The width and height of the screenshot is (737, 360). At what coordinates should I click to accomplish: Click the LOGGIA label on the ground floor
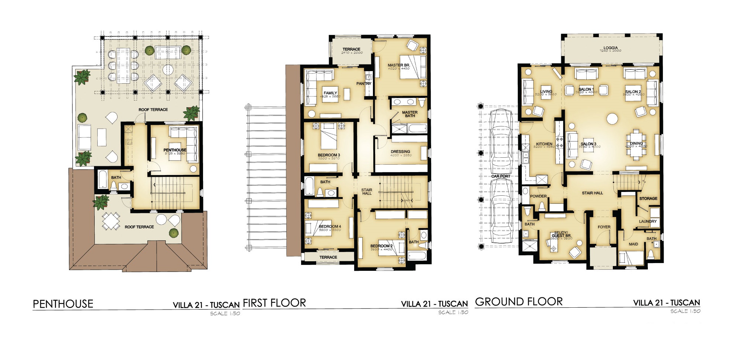pos(611,48)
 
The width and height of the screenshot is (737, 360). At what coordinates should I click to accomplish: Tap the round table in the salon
pos(612,119)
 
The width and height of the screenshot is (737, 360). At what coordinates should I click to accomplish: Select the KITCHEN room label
pos(544,144)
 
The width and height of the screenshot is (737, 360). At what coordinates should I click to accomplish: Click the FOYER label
pos(604,227)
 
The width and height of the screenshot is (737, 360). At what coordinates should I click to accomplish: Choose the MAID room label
pos(633,244)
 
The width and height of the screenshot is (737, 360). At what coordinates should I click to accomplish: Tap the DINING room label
pos(636,143)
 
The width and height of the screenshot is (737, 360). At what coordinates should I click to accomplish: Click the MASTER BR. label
pos(399,65)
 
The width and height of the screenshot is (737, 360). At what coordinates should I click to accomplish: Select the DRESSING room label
pos(400,151)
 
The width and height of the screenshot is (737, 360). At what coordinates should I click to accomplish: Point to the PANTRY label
pos(364,84)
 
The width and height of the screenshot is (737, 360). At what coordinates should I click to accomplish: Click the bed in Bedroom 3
pos(329,136)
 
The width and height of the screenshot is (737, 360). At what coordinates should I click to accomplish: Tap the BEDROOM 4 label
pos(330,227)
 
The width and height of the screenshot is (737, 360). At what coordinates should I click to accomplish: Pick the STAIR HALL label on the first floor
pos(367,192)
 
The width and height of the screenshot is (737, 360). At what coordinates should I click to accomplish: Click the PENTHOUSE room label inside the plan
pos(175,150)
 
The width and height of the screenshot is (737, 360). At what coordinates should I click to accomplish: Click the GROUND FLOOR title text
pos(519,302)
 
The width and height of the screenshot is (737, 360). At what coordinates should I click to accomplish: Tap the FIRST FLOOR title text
pos(275,303)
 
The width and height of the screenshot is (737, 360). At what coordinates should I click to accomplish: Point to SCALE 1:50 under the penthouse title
pos(225,314)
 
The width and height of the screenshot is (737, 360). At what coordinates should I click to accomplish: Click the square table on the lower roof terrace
pos(111,221)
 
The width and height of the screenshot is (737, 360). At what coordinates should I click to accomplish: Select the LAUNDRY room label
pos(647,221)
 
